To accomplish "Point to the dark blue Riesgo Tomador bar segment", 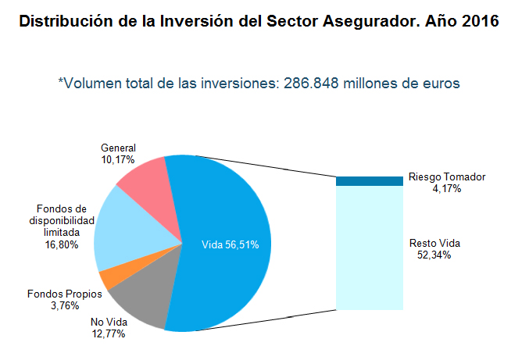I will click(x=369, y=181).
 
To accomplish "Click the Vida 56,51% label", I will click(x=231, y=244).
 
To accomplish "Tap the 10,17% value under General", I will click(x=118, y=159).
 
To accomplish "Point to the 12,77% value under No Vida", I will click(x=108, y=333).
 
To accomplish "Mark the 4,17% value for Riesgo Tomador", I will click(x=447, y=188).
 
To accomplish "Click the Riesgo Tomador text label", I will click(x=447, y=177).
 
